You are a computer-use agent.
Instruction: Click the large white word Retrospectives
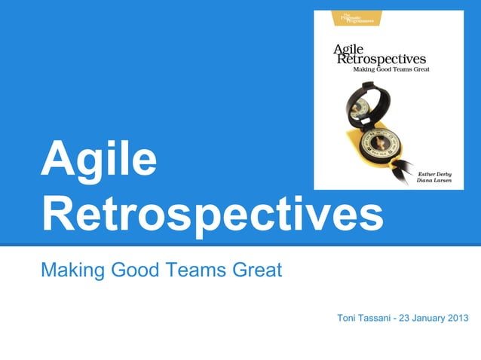click(212, 214)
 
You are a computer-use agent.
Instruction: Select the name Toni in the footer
click(348, 318)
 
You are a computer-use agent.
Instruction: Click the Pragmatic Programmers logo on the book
click(352, 18)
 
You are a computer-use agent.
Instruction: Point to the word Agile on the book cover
click(348, 50)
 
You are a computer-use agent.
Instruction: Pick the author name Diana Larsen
click(436, 182)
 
